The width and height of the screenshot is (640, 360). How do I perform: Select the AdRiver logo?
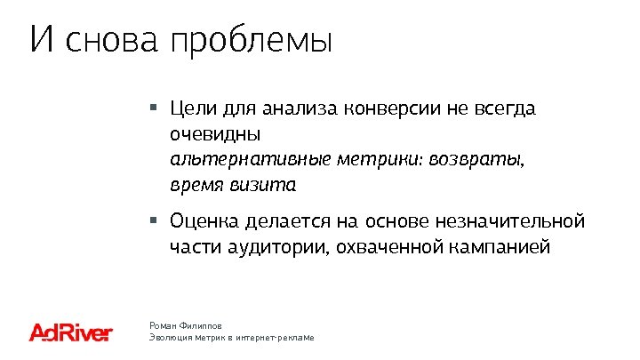pyautogui.click(x=71, y=333)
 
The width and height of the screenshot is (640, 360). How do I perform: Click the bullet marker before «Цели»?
pyautogui.click(x=153, y=108)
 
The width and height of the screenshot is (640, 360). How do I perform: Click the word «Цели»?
pyautogui.click(x=188, y=109)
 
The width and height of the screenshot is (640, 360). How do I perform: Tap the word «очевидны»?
pyautogui.click(x=215, y=136)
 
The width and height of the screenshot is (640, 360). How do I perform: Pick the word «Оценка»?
pyautogui.click(x=201, y=220)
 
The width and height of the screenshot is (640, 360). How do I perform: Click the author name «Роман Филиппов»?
pyautogui.click(x=186, y=326)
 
